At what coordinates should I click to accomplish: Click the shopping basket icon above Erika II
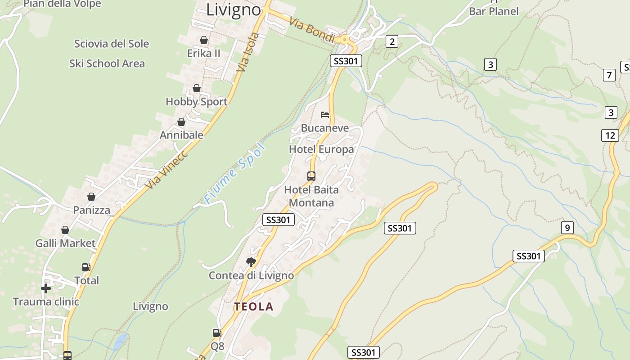[204, 40]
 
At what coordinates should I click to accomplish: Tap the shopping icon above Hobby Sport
[196, 88]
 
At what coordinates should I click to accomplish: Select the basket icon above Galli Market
[65, 230]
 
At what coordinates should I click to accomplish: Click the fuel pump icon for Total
[86, 267]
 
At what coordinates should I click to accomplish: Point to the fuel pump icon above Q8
[217, 333]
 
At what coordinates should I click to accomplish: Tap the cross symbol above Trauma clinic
[45, 288]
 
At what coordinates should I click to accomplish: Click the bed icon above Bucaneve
[325, 115]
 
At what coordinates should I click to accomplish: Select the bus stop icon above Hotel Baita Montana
[311, 176]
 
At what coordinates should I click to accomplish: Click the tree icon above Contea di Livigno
[251, 261]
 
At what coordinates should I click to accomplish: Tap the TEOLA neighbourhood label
[253, 307]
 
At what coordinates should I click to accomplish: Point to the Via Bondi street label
[312, 30]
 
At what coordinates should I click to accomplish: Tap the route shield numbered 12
[610, 135]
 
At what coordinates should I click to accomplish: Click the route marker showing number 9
[567, 228]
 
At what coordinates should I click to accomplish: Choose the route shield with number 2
[392, 42]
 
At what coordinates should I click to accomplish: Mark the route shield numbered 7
[609, 75]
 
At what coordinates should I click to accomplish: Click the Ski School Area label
[107, 63]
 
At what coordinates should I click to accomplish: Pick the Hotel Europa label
[321, 149]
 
